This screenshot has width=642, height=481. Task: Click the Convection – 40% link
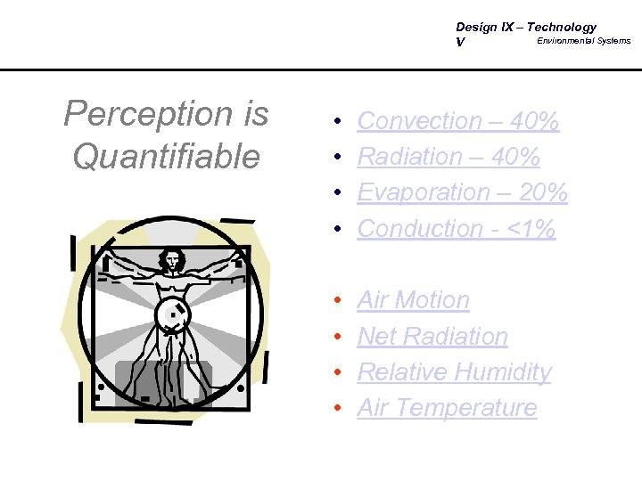click(457, 121)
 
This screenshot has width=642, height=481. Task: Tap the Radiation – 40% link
click(448, 157)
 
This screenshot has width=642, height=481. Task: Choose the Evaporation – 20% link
click(462, 192)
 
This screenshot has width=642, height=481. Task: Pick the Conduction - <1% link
click(456, 229)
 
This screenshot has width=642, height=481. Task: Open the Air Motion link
click(413, 301)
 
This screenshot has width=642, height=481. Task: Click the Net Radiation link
click(432, 337)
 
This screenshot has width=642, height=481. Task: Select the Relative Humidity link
click(454, 372)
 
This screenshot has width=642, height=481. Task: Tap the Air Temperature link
click(447, 408)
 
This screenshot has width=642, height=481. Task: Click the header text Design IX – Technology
click(525, 28)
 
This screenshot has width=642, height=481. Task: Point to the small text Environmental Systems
click(583, 41)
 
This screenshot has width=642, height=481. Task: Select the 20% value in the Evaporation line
click(542, 192)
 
